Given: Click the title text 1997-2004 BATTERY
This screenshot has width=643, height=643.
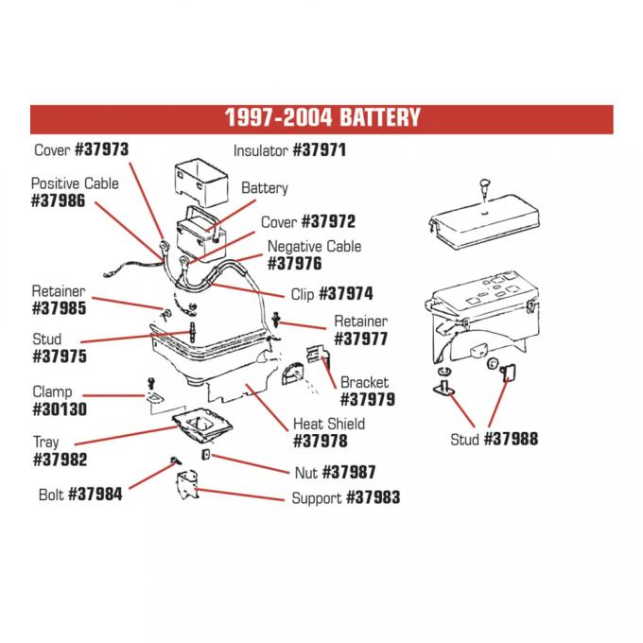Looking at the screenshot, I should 321,119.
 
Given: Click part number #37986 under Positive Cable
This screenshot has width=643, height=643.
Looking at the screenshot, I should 59,201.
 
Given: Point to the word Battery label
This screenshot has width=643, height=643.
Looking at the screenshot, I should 264,188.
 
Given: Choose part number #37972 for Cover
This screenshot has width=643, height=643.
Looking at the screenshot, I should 328,222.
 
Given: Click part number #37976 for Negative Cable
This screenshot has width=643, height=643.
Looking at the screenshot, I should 295,264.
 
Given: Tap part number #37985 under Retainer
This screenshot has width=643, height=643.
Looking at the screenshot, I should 59,308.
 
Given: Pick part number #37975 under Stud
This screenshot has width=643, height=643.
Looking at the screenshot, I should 59,356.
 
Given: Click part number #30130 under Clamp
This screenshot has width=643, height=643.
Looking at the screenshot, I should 59,409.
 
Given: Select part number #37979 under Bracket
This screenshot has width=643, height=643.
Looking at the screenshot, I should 367,399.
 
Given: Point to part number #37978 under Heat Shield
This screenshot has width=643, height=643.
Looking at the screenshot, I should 320,441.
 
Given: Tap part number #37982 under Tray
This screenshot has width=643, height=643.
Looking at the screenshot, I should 59,460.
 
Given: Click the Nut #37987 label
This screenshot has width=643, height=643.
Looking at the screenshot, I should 335,472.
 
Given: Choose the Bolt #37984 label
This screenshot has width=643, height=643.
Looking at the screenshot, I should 80,495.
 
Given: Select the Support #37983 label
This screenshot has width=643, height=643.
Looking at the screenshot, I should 345,497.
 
